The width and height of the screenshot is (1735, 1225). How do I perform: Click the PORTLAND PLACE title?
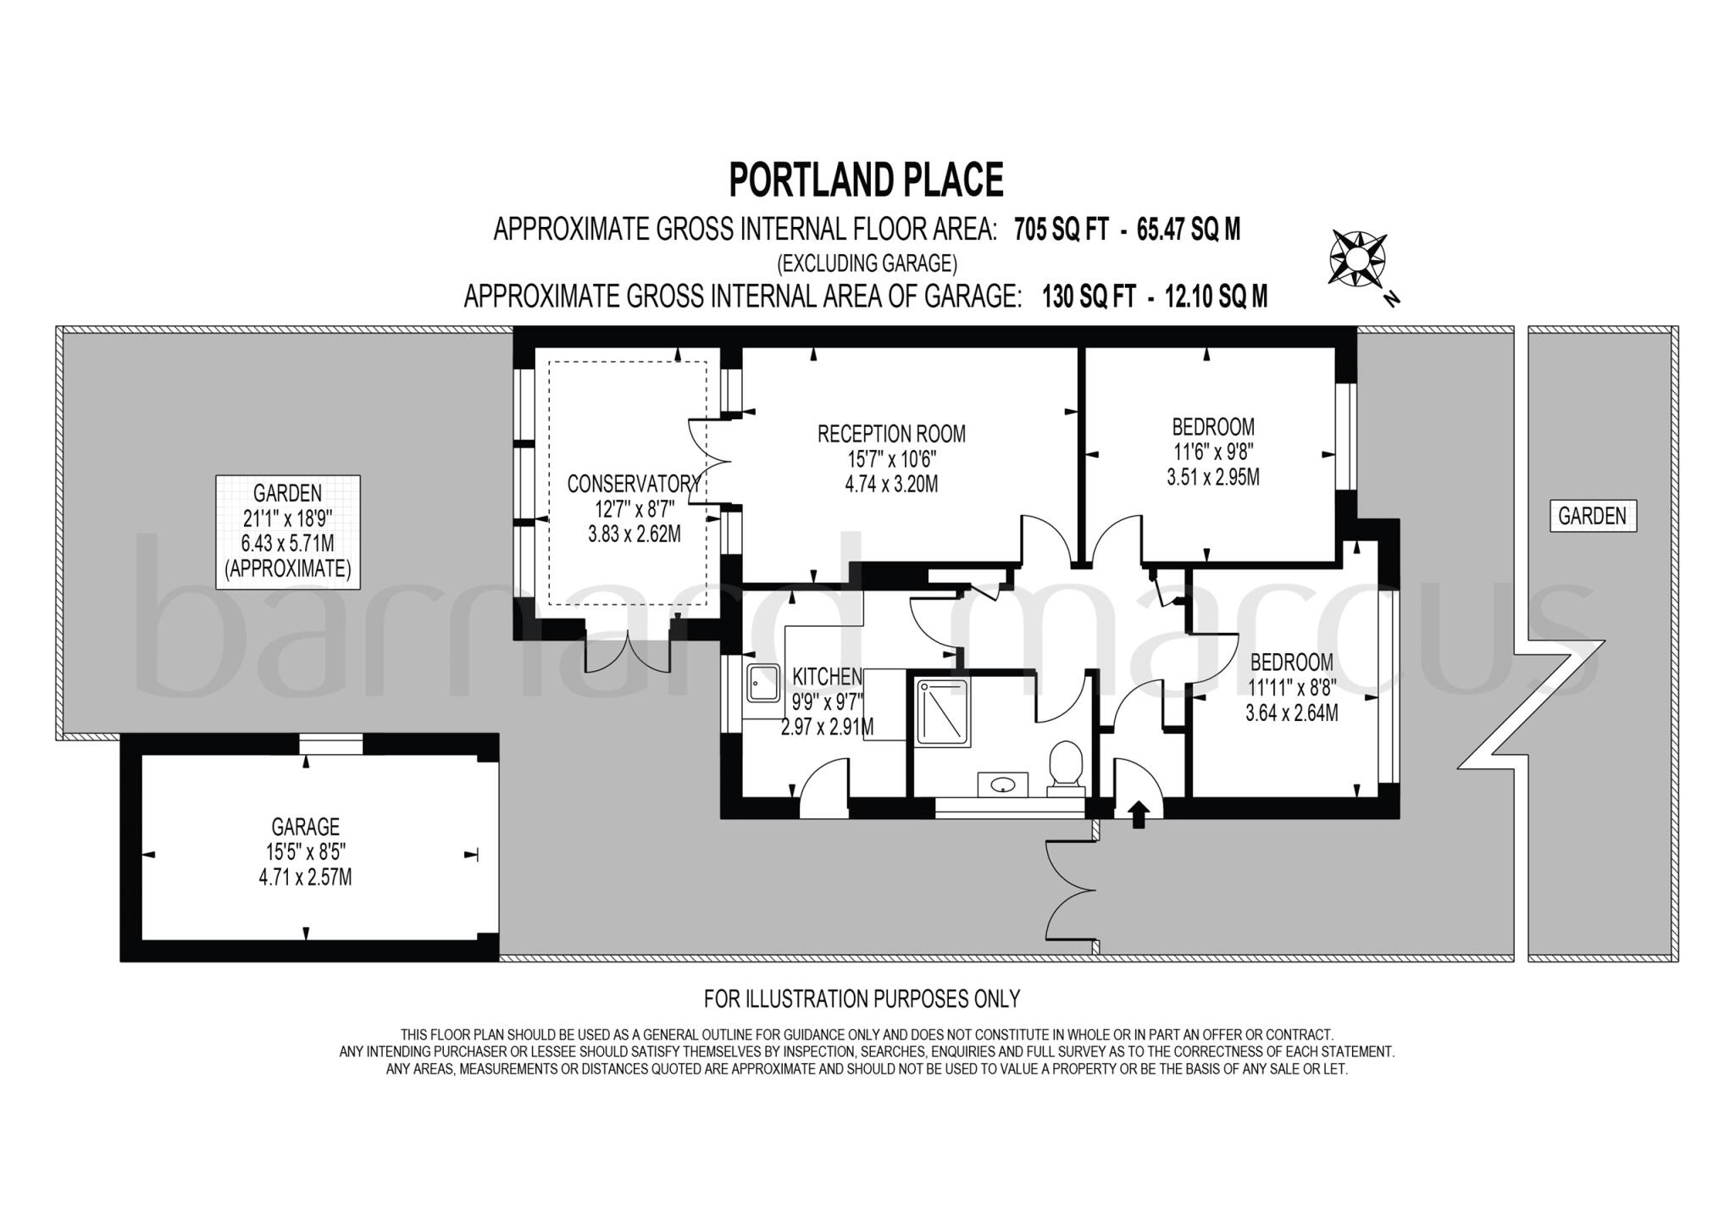[x=866, y=180]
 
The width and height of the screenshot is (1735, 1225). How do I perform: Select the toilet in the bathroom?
[x=1065, y=768]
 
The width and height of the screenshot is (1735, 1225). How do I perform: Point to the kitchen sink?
[x=763, y=683]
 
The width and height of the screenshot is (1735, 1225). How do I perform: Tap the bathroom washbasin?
[x=1003, y=784]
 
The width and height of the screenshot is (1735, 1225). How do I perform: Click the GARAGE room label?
[x=305, y=826]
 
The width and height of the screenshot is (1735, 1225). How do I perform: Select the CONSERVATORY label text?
[x=634, y=484]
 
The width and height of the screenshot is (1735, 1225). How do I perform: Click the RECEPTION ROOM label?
[x=890, y=434]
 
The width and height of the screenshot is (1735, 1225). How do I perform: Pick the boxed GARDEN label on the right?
[x=1592, y=516]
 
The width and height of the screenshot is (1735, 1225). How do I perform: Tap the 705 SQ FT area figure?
[x=1061, y=229]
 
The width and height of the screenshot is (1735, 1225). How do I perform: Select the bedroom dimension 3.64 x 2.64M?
[x=1291, y=713]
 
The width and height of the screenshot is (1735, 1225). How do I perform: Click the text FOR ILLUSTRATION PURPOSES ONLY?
[x=862, y=999]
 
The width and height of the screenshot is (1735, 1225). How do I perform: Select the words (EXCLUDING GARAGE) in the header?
[x=867, y=263]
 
